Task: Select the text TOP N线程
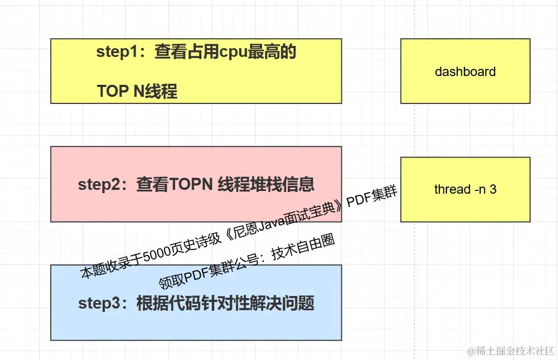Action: pos(137,91)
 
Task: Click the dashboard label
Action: pos(465,72)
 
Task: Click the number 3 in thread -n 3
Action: pos(493,189)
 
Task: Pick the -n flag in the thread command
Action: pos(479,189)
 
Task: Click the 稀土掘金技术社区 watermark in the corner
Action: pos(515,350)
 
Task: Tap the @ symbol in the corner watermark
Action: pos(469,350)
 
